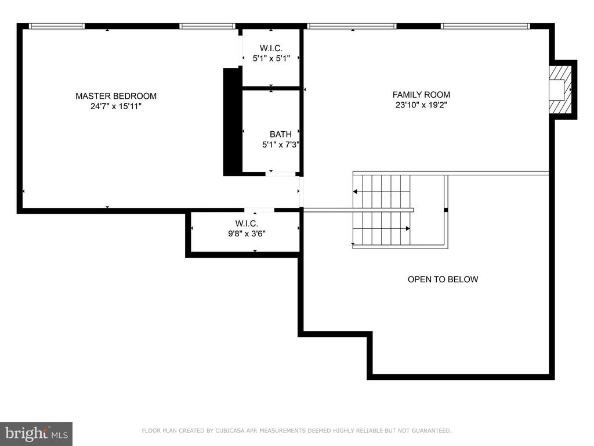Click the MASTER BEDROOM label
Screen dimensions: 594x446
(x=116, y=96)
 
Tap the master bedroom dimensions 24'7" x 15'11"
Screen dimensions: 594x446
(x=116, y=106)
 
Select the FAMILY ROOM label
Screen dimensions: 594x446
(x=421, y=95)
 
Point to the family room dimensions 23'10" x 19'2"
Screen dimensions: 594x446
(x=421, y=105)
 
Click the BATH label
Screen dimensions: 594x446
(x=281, y=134)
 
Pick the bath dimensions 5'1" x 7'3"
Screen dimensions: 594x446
(x=281, y=145)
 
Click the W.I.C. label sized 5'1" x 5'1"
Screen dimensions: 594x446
(x=271, y=48)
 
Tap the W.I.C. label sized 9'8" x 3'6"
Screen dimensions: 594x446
(x=247, y=224)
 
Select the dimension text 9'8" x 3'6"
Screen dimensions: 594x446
(x=247, y=233)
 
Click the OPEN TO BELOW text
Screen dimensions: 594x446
(x=443, y=279)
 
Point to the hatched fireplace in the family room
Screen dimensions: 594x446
(x=560, y=90)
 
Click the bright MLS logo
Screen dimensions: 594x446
(x=37, y=434)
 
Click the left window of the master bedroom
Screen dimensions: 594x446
(x=57, y=26)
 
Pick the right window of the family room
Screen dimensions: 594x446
(x=486, y=26)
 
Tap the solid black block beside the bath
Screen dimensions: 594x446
(x=232, y=122)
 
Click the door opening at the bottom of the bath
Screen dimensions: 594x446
(x=281, y=174)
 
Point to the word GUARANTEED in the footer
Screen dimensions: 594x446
(x=431, y=430)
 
